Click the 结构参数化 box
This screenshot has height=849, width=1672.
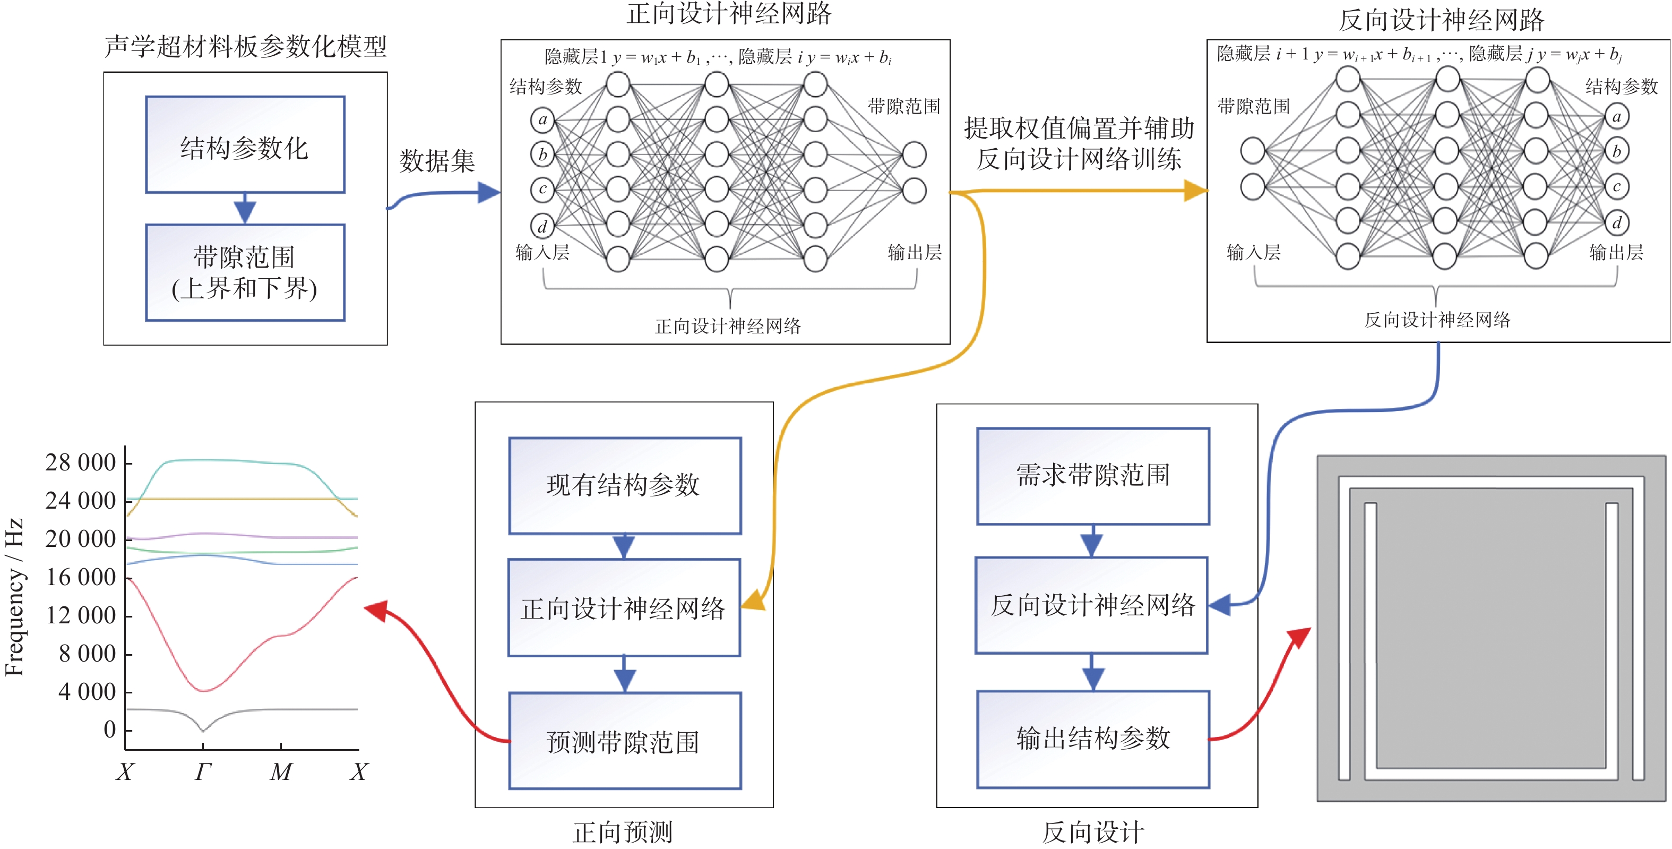pyautogui.click(x=245, y=145)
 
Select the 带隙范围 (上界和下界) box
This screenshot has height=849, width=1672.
pyautogui.click(x=245, y=272)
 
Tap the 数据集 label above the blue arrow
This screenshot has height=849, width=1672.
pyautogui.click(x=437, y=160)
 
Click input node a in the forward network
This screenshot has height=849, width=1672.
pyautogui.click(x=542, y=119)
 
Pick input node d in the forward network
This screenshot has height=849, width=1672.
pyautogui.click(x=542, y=226)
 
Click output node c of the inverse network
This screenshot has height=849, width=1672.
pyautogui.click(x=1616, y=187)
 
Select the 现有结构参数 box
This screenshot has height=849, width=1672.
pyautogui.click(x=624, y=485)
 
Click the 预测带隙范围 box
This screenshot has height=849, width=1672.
pyautogui.click(x=624, y=741)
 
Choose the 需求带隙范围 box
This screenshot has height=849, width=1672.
pyautogui.click(x=1093, y=476)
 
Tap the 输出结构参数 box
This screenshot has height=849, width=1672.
pyautogui.click(x=1093, y=739)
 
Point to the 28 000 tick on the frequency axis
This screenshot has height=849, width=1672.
pyautogui.click(x=81, y=463)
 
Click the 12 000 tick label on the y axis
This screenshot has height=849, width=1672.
pyautogui.click(x=81, y=615)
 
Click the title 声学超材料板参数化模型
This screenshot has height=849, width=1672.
pyautogui.click(x=245, y=47)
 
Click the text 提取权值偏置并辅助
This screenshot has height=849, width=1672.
pyautogui.click(x=1079, y=128)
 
